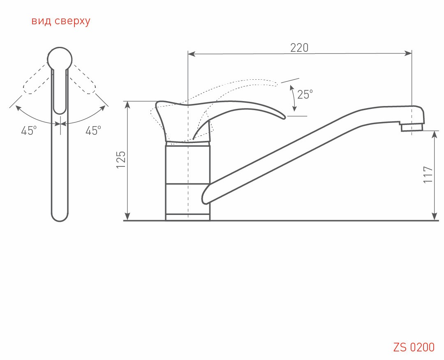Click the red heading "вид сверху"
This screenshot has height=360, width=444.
tap(60, 21)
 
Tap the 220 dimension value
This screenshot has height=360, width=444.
tap(299, 48)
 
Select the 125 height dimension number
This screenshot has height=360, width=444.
tap(120, 159)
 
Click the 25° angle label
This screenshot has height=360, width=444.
tap(305, 95)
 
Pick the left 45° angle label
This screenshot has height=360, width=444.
tap(29, 131)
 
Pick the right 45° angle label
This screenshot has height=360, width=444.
tap(93, 131)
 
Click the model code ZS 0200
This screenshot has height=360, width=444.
tap(414, 347)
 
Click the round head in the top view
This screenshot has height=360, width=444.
tap(60, 59)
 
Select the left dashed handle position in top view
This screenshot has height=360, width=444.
tap(35, 82)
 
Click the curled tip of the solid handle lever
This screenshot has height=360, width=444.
tap(282, 117)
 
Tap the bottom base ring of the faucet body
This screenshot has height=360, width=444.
tap(188, 217)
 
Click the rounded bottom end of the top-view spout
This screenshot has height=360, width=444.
tap(60, 217)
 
